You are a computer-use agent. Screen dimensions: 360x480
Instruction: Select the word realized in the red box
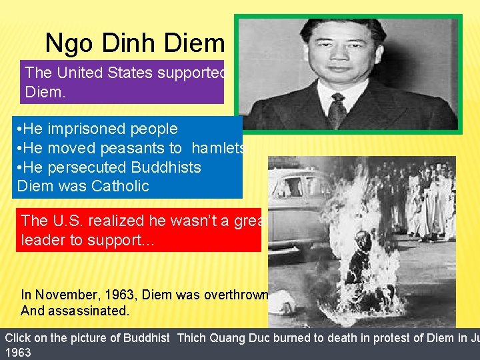121,220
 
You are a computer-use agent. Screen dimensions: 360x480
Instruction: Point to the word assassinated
90,310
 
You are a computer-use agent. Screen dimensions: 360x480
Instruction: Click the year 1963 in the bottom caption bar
18,353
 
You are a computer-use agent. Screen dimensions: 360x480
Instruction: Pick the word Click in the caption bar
18,337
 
